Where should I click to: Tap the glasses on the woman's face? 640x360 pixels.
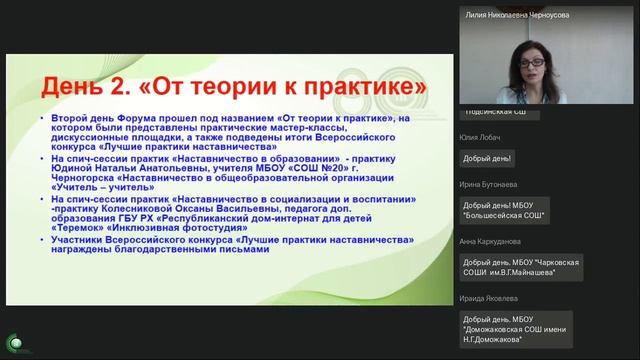[529, 63]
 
